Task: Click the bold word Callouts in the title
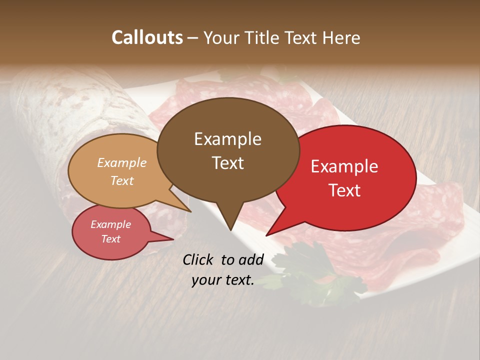(147, 37)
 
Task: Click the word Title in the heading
(263, 37)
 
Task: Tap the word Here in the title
(340, 37)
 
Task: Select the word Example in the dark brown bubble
(227, 139)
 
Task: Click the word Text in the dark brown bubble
(227, 163)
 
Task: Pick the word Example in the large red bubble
(344, 166)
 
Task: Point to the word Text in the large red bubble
(344, 190)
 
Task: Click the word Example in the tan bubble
(122, 163)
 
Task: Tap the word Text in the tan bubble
(122, 180)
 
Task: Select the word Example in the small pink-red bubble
(111, 224)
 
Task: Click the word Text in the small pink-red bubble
(111, 239)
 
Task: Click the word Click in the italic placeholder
(199, 259)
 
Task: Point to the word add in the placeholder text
(251, 259)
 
